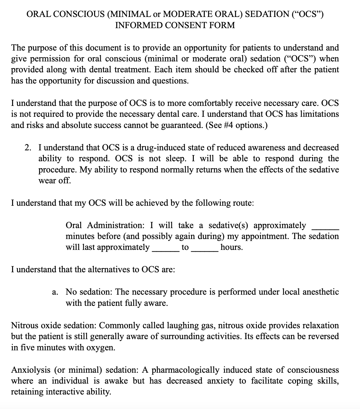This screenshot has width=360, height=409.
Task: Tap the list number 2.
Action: (x=28, y=148)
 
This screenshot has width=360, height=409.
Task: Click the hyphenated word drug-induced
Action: (x=161, y=148)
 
